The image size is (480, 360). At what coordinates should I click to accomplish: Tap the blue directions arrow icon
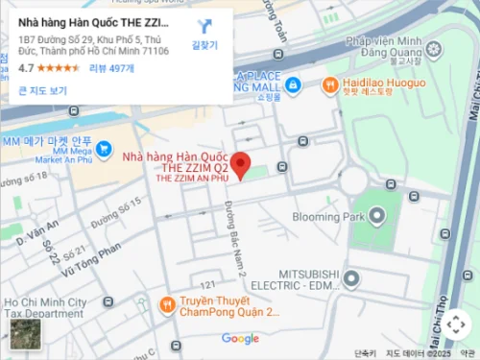(x=204, y=26)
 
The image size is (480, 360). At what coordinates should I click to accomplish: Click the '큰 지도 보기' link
(x=42, y=91)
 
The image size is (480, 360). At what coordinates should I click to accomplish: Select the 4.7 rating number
(x=26, y=68)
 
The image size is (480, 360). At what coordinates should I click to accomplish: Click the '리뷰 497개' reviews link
(x=111, y=68)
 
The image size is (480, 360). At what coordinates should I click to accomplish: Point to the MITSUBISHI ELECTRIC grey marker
(x=351, y=279)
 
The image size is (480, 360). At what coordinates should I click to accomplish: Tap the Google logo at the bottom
(x=240, y=338)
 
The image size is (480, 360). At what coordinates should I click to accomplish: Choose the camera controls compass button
(x=455, y=324)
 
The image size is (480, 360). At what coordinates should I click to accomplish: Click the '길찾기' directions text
(x=204, y=45)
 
